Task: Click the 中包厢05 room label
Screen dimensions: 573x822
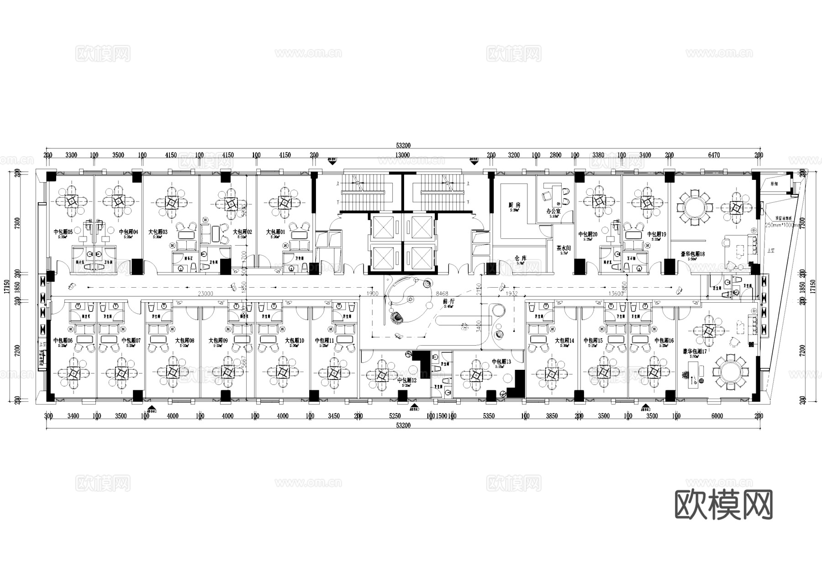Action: point(63,232)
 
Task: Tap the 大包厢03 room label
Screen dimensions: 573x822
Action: point(158,232)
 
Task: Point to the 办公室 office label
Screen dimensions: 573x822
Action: point(553,212)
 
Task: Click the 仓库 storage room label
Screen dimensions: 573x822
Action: point(521,258)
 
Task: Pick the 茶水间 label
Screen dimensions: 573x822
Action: point(564,248)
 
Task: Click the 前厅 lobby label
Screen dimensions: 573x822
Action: point(448,302)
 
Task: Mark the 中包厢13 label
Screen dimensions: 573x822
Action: point(501,362)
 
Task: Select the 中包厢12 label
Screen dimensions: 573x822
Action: point(406,380)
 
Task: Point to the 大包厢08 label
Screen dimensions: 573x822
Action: point(184,341)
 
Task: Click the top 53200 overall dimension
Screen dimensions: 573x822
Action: point(403,146)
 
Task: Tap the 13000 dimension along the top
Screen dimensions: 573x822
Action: point(402,155)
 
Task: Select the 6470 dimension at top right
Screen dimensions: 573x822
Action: point(714,155)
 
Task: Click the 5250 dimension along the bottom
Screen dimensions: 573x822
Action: point(395,416)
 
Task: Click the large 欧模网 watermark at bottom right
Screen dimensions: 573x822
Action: point(723,505)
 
